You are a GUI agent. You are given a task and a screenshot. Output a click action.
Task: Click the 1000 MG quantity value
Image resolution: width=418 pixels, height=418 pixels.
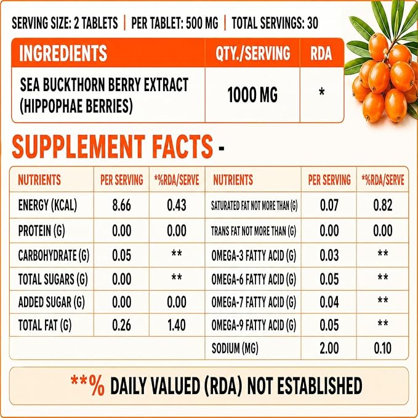(x=252, y=95)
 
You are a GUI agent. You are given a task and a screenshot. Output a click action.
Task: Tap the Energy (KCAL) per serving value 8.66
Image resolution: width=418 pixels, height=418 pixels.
(x=121, y=205)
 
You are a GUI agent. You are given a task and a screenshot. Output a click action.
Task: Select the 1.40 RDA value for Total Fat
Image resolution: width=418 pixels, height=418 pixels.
(x=177, y=325)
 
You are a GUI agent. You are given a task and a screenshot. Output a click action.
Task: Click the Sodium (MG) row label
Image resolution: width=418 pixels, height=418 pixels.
(x=235, y=348)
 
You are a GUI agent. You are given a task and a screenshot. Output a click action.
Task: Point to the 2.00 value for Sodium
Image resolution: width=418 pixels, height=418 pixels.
(x=329, y=348)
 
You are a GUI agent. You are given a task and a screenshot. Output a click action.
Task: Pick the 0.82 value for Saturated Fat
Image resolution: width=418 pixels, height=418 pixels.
(x=382, y=205)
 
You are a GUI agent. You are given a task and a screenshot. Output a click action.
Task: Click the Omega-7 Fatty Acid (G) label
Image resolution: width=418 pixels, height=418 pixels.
(x=254, y=302)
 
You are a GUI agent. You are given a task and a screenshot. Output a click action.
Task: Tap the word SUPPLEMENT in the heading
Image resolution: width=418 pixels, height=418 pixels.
(x=78, y=147)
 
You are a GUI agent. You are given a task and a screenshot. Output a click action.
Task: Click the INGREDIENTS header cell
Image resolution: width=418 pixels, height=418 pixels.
(x=63, y=53)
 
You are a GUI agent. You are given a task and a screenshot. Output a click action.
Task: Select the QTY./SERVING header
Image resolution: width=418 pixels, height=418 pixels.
(x=253, y=53)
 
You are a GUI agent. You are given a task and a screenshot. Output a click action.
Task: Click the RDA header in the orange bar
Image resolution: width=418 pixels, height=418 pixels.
(x=321, y=53)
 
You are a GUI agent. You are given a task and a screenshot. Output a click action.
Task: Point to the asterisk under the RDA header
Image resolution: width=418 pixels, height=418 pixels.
(x=322, y=92)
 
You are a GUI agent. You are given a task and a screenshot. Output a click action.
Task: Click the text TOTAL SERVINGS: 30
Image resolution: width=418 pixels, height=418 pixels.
(x=275, y=23)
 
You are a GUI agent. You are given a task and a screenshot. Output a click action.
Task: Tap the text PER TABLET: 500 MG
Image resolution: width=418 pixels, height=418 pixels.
(x=175, y=23)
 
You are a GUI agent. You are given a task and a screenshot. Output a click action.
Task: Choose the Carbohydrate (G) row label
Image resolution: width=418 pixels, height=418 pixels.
(x=54, y=255)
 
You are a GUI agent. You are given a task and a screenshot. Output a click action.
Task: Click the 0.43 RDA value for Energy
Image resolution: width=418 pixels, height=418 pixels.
(x=177, y=205)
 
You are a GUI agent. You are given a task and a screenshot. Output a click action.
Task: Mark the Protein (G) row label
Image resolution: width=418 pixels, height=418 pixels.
(x=41, y=231)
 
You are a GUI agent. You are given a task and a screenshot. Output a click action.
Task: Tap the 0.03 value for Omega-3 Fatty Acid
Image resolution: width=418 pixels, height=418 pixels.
(x=329, y=255)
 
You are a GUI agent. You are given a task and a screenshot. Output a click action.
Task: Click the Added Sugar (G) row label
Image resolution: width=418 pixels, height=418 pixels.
(x=52, y=302)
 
